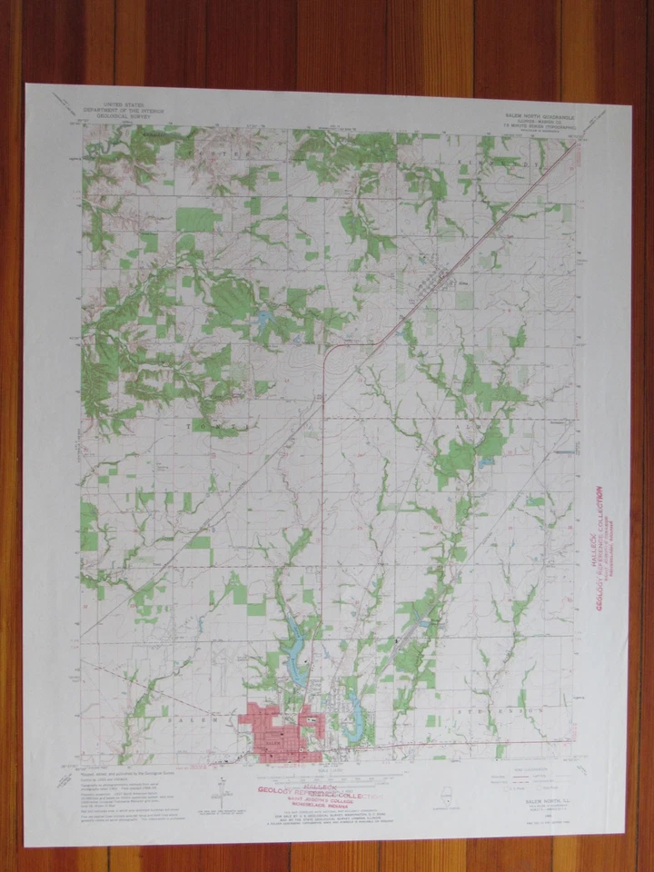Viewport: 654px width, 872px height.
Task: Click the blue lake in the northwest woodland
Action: tap(263, 320)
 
